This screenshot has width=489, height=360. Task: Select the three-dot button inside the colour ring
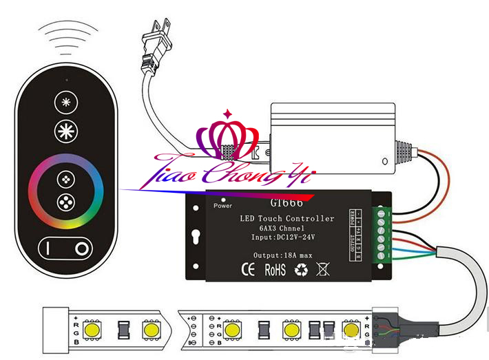point(66,204)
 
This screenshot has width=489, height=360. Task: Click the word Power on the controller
point(223,205)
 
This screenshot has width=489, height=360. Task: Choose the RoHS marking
point(275,269)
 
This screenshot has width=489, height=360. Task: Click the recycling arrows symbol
point(301,269)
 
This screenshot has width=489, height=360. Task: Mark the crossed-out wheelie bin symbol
point(322,269)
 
